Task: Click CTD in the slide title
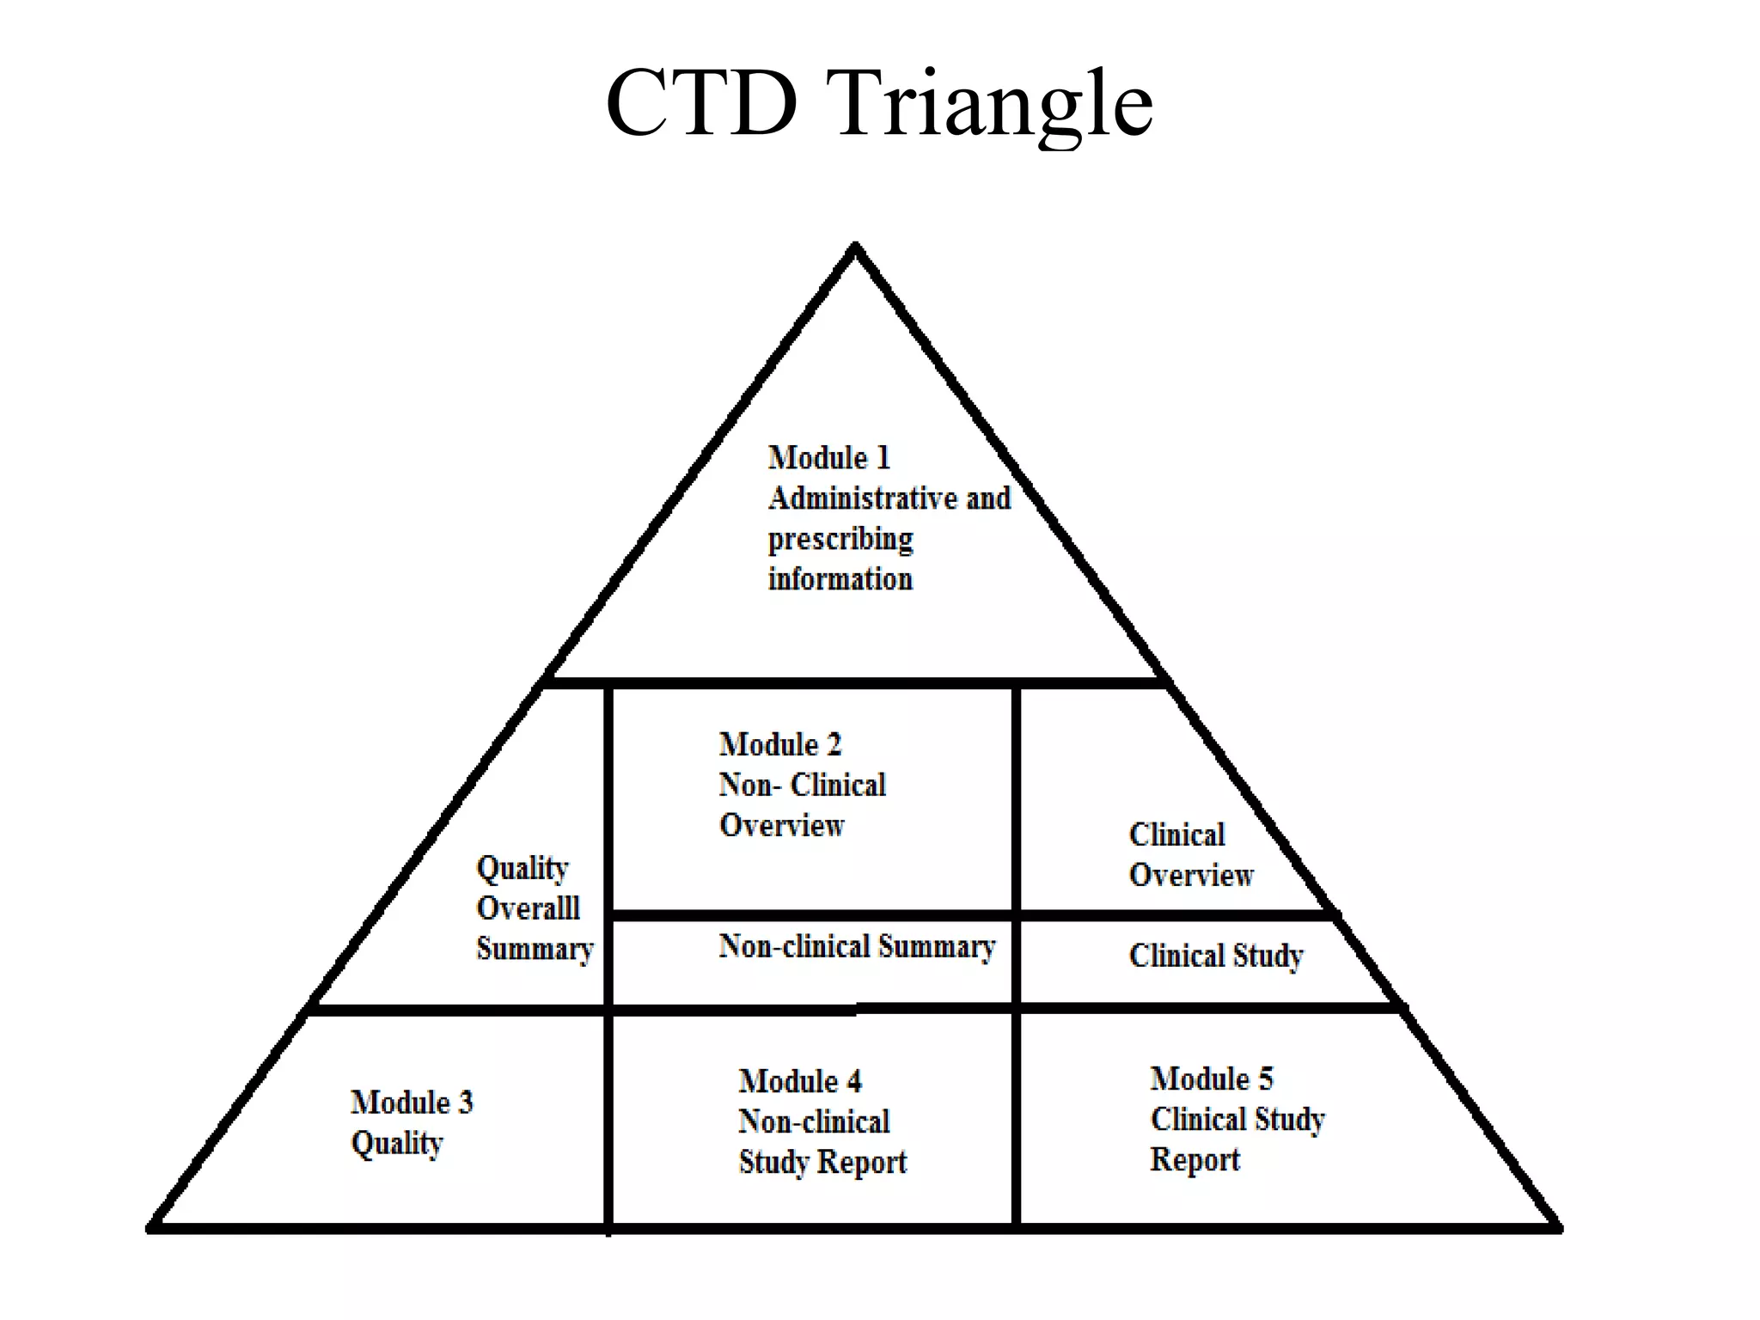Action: click(x=702, y=103)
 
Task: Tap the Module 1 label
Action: click(x=828, y=457)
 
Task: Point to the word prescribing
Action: click(x=840, y=539)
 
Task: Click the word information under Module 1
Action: click(x=840, y=579)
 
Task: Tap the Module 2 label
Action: click(x=779, y=744)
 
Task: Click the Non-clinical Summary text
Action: click(x=857, y=946)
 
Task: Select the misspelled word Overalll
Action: click(x=528, y=907)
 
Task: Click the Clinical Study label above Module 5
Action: click(x=1215, y=956)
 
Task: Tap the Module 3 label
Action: click(x=412, y=1102)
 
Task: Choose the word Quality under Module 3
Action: click(x=396, y=1143)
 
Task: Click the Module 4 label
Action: click(x=799, y=1081)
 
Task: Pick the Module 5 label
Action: click(x=1211, y=1079)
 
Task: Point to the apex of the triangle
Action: click(x=855, y=247)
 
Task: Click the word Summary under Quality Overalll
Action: click(x=535, y=949)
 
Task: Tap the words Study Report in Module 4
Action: click(x=822, y=1162)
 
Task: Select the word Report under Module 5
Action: click(x=1195, y=1159)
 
